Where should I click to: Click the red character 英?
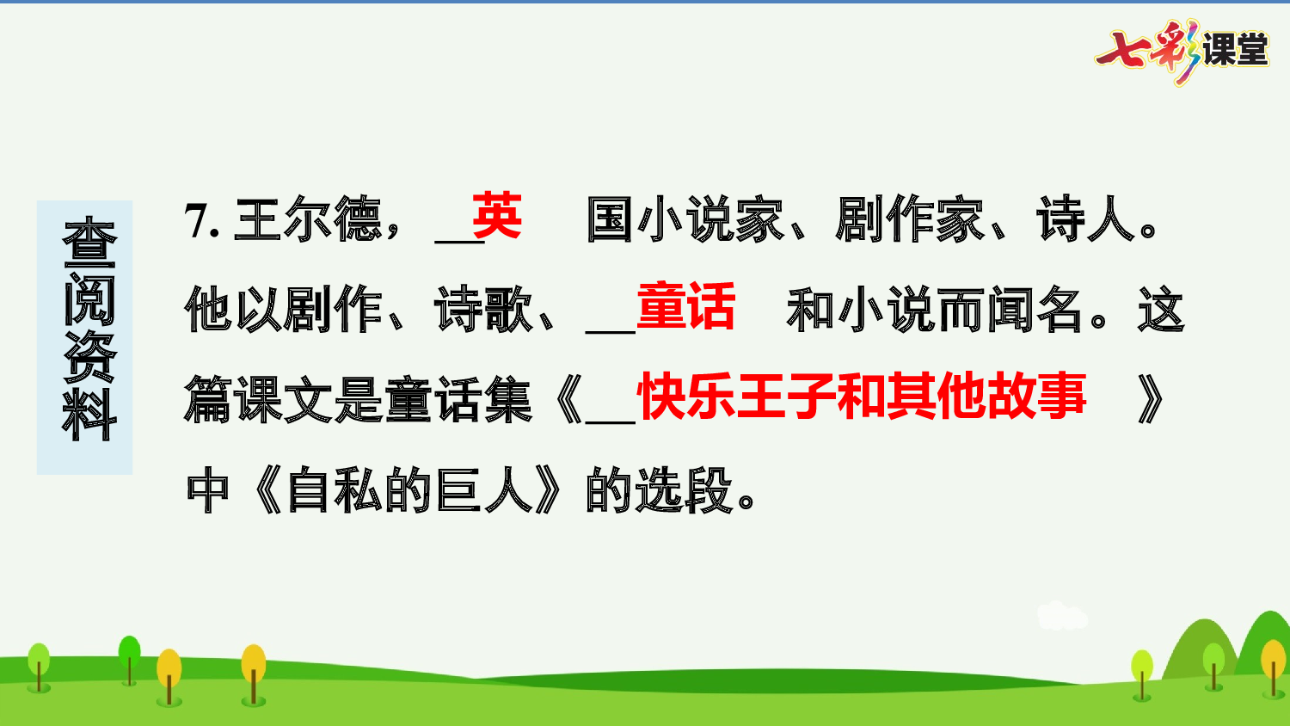[496, 216]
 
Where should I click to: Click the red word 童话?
[685, 307]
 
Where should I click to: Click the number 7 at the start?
[197, 221]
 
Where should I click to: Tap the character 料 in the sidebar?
[89, 415]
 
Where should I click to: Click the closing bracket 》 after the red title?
[1151, 400]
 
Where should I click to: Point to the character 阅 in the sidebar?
[89, 298]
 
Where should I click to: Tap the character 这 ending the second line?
[1160, 310]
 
